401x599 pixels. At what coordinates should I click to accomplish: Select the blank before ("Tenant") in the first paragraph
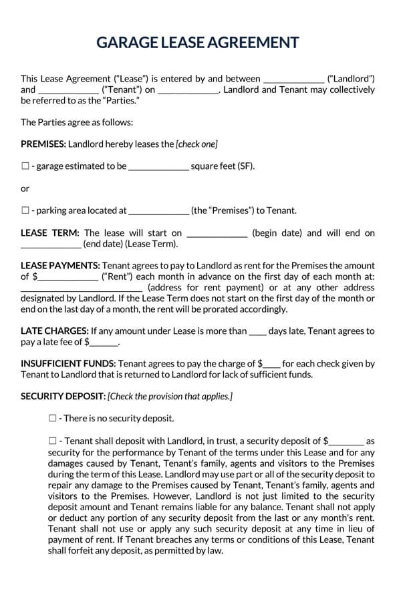point(68,89)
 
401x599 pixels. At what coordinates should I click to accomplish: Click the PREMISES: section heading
point(43,144)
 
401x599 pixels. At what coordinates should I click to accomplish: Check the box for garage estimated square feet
point(25,166)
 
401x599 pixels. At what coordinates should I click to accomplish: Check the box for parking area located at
point(25,210)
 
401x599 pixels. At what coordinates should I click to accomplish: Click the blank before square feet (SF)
point(158,167)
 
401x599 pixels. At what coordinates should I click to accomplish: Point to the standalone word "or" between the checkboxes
point(25,188)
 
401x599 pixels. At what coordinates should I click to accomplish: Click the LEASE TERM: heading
point(50,232)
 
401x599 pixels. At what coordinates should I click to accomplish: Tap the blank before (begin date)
point(217,233)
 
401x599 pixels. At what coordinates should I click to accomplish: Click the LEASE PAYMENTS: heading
point(61,266)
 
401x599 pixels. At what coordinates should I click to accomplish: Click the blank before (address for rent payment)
point(81,288)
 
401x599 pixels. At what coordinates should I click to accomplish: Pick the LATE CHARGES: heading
point(55,331)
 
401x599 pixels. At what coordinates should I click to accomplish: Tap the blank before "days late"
point(257,331)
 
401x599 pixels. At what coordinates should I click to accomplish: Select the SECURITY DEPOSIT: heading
point(63,397)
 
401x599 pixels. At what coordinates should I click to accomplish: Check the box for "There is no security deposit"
point(53,419)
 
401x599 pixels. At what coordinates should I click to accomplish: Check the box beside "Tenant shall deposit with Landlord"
point(53,441)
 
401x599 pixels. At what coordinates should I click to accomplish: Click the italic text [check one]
point(196,144)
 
